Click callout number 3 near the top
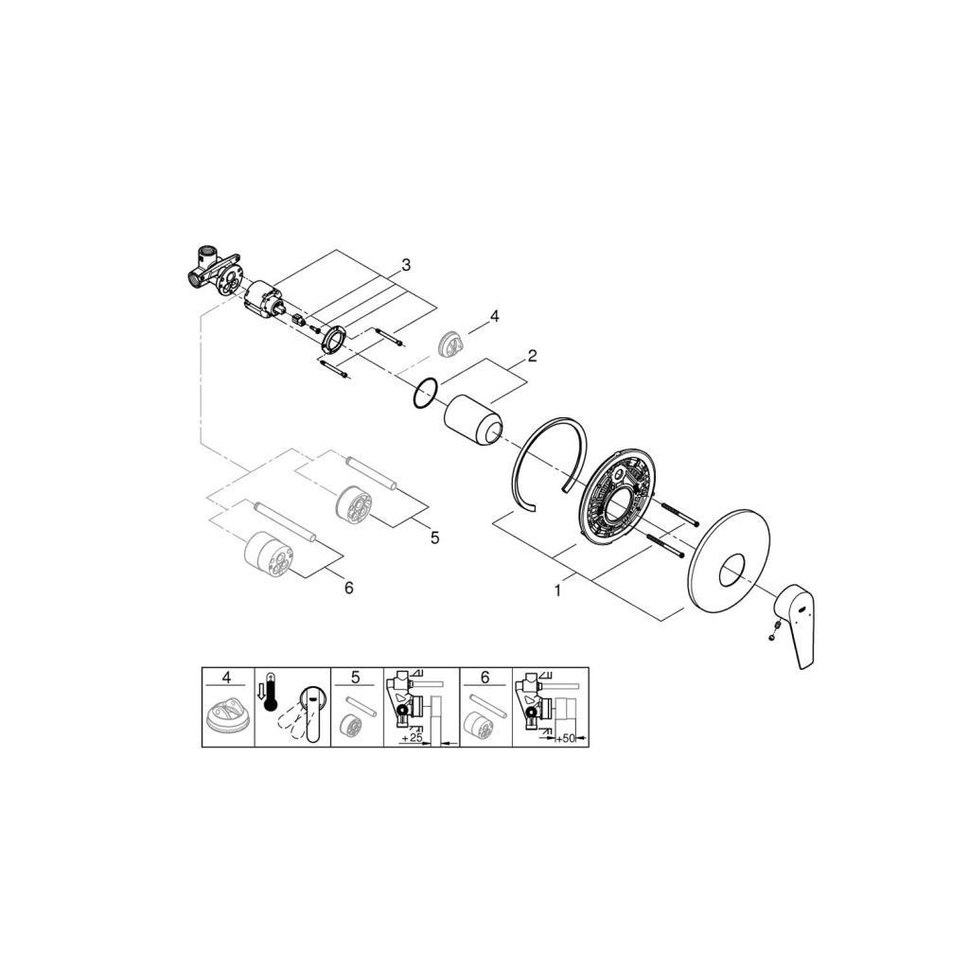pyautogui.click(x=405, y=265)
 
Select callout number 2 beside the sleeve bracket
pyautogui.click(x=532, y=356)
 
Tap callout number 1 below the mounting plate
pyautogui.click(x=557, y=590)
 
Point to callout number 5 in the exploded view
pyautogui.click(x=434, y=537)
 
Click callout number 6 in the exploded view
pyautogui.click(x=348, y=588)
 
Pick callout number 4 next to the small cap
pyautogui.click(x=492, y=317)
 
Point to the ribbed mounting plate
pyautogui.click(x=616, y=500)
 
